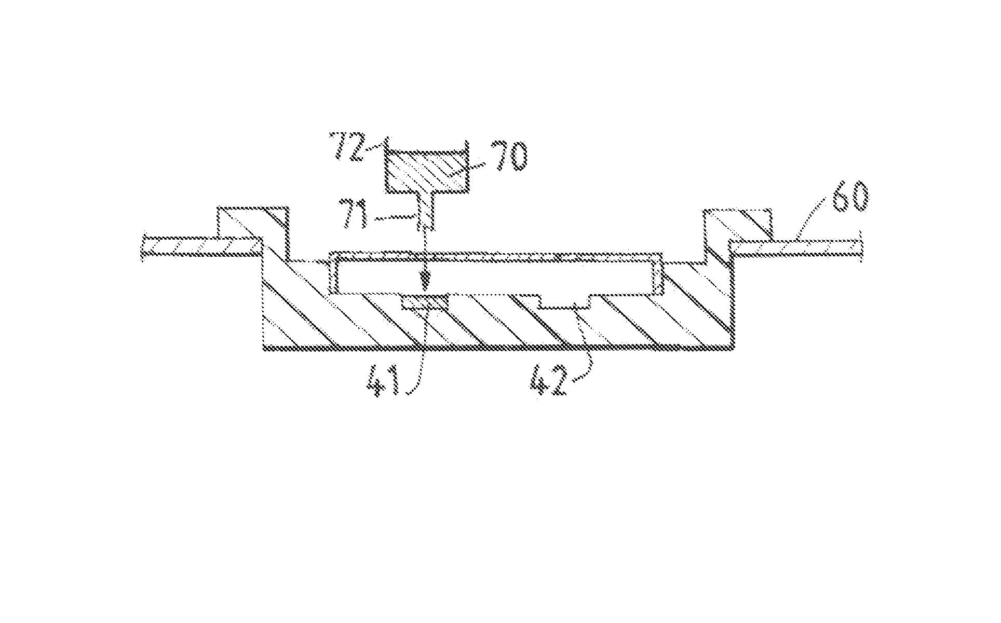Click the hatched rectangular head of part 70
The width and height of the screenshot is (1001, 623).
click(x=426, y=171)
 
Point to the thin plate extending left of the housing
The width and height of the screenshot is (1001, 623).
click(x=202, y=246)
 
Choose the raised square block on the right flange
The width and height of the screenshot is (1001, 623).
click(x=737, y=224)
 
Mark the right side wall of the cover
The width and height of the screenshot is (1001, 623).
click(x=657, y=274)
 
